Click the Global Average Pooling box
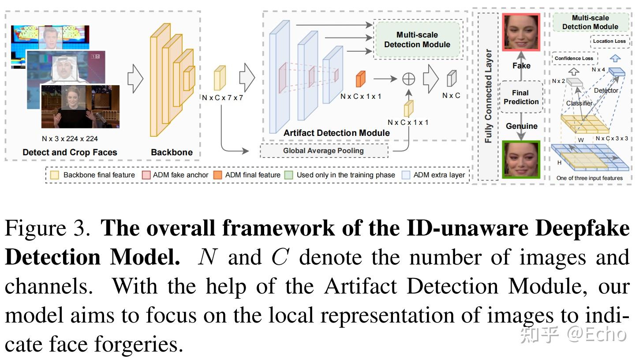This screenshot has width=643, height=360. point(323,150)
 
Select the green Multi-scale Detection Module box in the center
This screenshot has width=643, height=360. point(417,40)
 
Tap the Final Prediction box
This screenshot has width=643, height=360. point(521,97)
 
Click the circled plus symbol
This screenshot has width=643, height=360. point(409,79)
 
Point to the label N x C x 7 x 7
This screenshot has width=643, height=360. point(222,97)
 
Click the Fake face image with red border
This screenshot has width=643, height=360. point(521,32)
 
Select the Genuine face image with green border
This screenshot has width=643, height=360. point(521,159)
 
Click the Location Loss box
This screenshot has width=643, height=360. point(609,41)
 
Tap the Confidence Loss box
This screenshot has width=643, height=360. point(574,58)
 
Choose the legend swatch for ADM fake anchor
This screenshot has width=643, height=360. point(146,175)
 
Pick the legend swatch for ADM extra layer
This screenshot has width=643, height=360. point(406,175)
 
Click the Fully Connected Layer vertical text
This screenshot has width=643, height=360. point(488,96)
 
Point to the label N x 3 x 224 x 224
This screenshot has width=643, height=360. point(70,139)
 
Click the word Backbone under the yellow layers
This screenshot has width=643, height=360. point(172,152)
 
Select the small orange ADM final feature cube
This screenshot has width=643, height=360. point(360,79)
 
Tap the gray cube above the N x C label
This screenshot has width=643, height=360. point(451,79)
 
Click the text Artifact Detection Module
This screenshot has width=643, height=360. point(336,133)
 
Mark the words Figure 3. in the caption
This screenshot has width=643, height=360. point(48,229)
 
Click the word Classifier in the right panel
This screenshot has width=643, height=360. point(579,103)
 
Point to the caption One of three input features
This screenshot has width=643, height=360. point(590,178)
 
